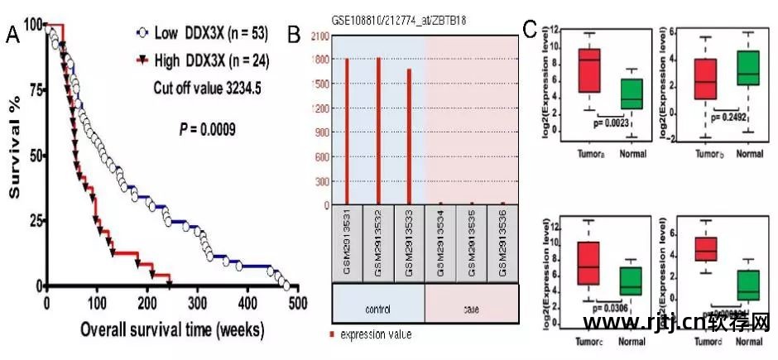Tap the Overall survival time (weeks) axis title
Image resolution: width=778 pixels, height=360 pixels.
[x=171, y=329]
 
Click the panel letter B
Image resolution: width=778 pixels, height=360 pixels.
[x=293, y=35]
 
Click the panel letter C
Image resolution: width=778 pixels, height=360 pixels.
[x=533, y=30]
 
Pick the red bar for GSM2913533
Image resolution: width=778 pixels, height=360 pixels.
[x=409, y=137]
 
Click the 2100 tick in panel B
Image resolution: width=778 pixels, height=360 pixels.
[x=318, y=35]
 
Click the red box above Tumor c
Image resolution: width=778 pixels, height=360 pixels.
[x=588, y=263]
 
